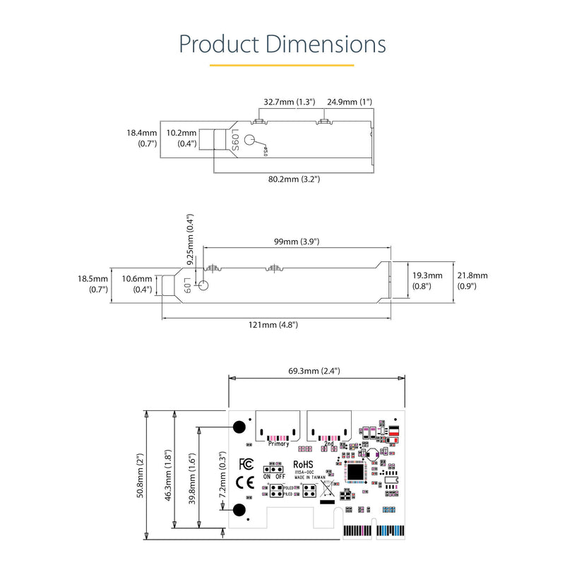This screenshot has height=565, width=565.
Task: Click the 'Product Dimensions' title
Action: pos(282,44)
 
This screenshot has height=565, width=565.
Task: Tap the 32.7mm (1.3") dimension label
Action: pos(290,102)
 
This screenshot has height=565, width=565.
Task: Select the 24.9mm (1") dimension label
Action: pos(349,102)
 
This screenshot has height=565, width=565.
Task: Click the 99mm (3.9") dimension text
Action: pos(297,242)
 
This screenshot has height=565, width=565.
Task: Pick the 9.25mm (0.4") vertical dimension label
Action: pos(189,239)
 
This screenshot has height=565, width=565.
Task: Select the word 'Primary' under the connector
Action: pos(279,444)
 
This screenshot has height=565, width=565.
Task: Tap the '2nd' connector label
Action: pos(329,444)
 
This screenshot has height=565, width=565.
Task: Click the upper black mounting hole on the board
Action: pos(239,427)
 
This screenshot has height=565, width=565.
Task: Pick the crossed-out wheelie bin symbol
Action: pos(328,489)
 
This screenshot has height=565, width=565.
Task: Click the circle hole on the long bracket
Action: pos(204,286)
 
